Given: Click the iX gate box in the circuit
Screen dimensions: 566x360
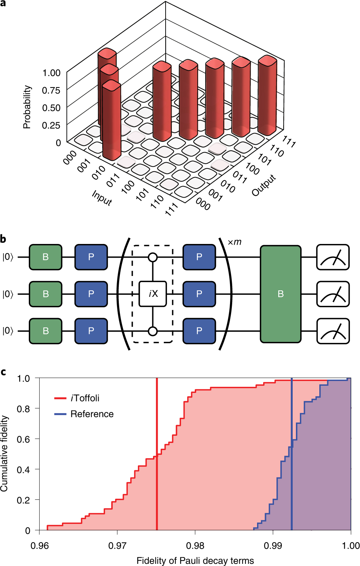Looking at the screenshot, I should pyautogui.click(x=153, y=294).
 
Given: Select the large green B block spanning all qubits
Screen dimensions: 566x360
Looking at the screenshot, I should pyautogui.click(x=280, y=294).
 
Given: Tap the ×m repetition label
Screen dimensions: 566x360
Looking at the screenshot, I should pyautogui.click(x=234, y=242).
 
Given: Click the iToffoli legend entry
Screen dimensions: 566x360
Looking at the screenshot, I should pyautogui.click(x=85, y=398).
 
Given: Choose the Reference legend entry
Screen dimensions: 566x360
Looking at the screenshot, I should pyautogui.click(x=92, y=414).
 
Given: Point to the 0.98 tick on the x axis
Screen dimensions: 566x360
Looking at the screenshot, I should pyautogui.click(x=195, y=545).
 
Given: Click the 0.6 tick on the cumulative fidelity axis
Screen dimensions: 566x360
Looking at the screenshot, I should pyautogui.click(x=23, y=439).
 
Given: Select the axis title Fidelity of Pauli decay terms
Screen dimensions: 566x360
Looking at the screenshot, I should pyautogui.click(x=195, y=561).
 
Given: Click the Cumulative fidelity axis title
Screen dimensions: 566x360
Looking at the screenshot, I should pyautogui.click(x=4, y=453).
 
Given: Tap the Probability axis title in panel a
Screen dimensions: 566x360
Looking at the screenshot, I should pyautogui.click(x=27, y=107).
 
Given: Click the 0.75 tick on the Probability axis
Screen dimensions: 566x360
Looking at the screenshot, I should pyautogui.click(x=51, y=90).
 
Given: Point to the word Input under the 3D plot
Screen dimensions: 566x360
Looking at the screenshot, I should pyautogui.click(x=102, y=198).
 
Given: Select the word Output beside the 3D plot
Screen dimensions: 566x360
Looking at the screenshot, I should pyautogui.click(x=264, y=185).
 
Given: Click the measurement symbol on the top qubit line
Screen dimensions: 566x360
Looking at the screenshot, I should pyautogui.click(x=333, y=257).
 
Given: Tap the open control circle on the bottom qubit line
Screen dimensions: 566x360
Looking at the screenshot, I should pyautogui.click(x=153, y=331).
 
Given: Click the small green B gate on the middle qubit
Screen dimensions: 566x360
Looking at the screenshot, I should pyautogui.click(x=46, y=294).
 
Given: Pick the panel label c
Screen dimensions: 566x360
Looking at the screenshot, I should pyautogui.click(x=3, y=372).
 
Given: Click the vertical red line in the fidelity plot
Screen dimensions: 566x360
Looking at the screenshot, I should pyautogui.click(x=157, y=468).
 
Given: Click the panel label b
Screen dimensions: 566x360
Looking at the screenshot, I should pyautogui.click(x=3, y=239).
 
